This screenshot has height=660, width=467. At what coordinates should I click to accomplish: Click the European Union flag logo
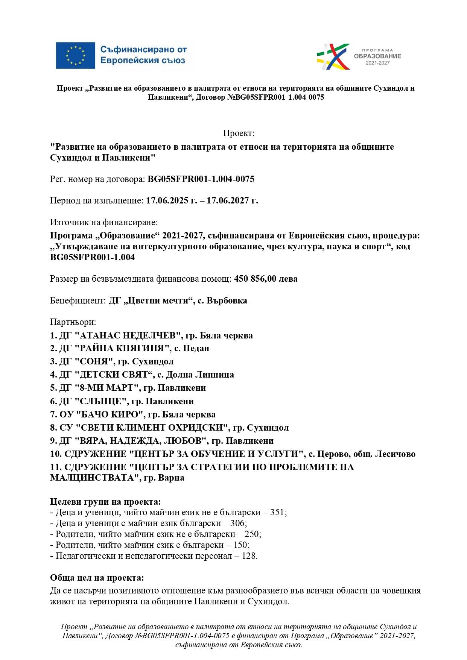tap(75, 55)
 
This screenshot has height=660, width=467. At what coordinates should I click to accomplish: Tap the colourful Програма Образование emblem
tap(333, 56)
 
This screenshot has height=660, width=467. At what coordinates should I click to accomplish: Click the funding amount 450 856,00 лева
tap(266, 279)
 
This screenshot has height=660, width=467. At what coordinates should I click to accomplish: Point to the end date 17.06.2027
tap(232, 200)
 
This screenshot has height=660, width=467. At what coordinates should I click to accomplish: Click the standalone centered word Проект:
tap(239, 134)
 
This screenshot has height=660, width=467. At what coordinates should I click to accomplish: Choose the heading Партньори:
tap(73, 322)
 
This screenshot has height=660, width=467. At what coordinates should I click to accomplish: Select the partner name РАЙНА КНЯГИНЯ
tap(122, 349)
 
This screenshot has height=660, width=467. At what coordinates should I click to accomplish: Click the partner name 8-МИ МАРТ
tap(107, 388)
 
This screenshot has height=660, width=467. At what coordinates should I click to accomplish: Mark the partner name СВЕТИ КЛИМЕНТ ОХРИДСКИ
tap(152, 428)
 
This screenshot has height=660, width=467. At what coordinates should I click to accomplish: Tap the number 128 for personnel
tap(249, 556)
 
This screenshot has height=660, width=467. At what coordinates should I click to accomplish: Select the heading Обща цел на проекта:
tap(97, 578)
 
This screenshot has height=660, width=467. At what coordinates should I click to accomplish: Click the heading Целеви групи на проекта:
tap(105, 502)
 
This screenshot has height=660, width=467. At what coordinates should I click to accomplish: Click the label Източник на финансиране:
tap(104, 222)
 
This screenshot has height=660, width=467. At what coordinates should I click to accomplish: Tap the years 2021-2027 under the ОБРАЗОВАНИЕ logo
tap(377, 63)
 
